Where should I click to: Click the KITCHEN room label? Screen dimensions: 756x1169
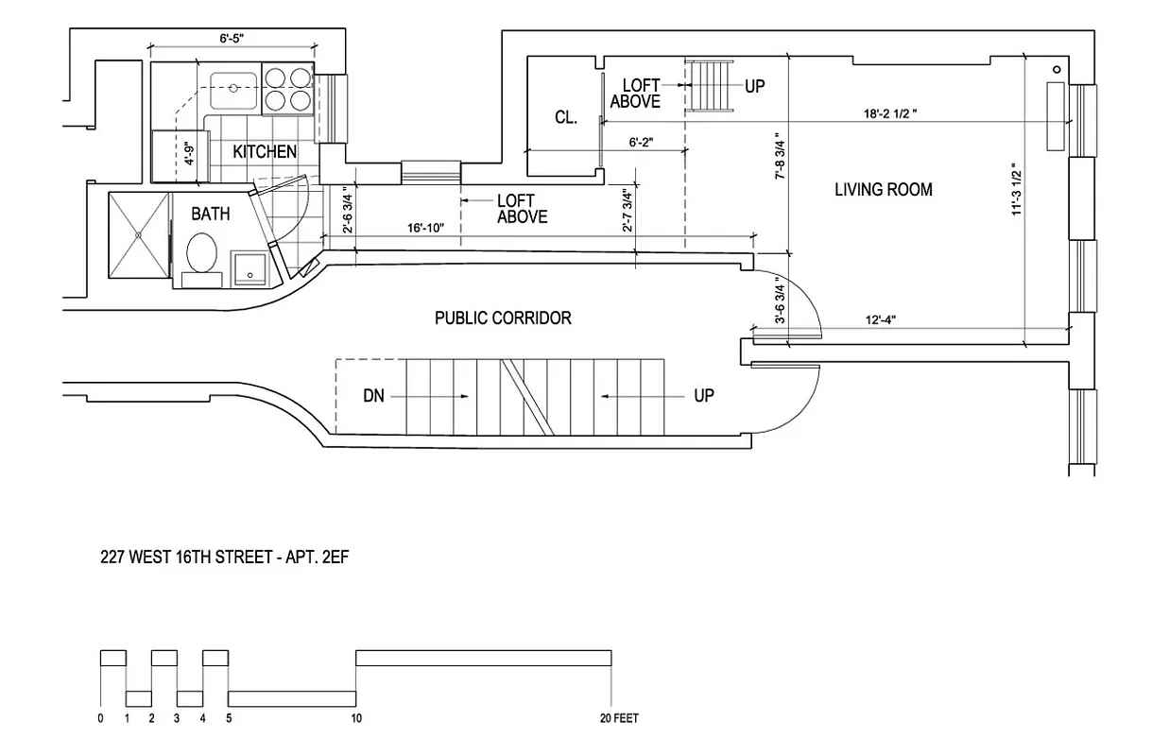pyautogui.click(x=265, y=151)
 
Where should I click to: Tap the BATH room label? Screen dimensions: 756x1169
pyautogui.click(x=210, y=215)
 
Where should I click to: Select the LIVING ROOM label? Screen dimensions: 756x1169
pyautogui.click(x=883, y=190)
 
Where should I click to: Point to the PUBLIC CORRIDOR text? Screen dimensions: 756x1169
pyautogui.click(x=503, y=318)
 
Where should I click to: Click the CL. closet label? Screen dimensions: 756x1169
pyautogui.click(x=566, y=117)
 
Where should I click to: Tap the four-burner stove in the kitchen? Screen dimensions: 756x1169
pyautogui.click(x=287, y=88)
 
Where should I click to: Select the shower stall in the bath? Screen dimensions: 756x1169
pyautogui.click(x=139, y=235)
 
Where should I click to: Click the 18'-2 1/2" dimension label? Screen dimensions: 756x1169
pyautogui.click(x=889, y=112)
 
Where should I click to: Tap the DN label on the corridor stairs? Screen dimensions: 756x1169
pyautogui.click(x=374, y=396)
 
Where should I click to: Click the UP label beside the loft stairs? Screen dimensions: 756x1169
pyautogui.click(x=754, y=86)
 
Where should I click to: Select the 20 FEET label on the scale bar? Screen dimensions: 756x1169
pyautogui.click(x=618, y=718)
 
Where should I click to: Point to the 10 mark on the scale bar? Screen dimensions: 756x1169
pyautogui.click(x=355, y=718)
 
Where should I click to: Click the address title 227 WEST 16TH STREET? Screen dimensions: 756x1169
pyautogui.click(x=226, y=558)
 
